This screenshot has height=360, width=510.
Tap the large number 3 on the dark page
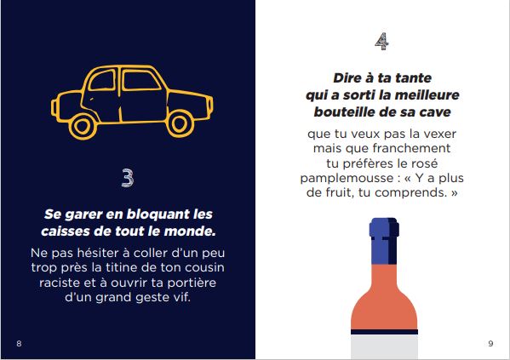point(128,178)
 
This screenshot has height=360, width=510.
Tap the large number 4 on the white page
point(383,40)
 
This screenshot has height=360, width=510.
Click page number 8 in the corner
point(19,343)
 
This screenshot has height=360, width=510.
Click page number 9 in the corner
point(490,343)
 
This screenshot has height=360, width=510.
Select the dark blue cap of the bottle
point(383,239)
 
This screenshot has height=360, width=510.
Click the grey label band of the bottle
point(383,345)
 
